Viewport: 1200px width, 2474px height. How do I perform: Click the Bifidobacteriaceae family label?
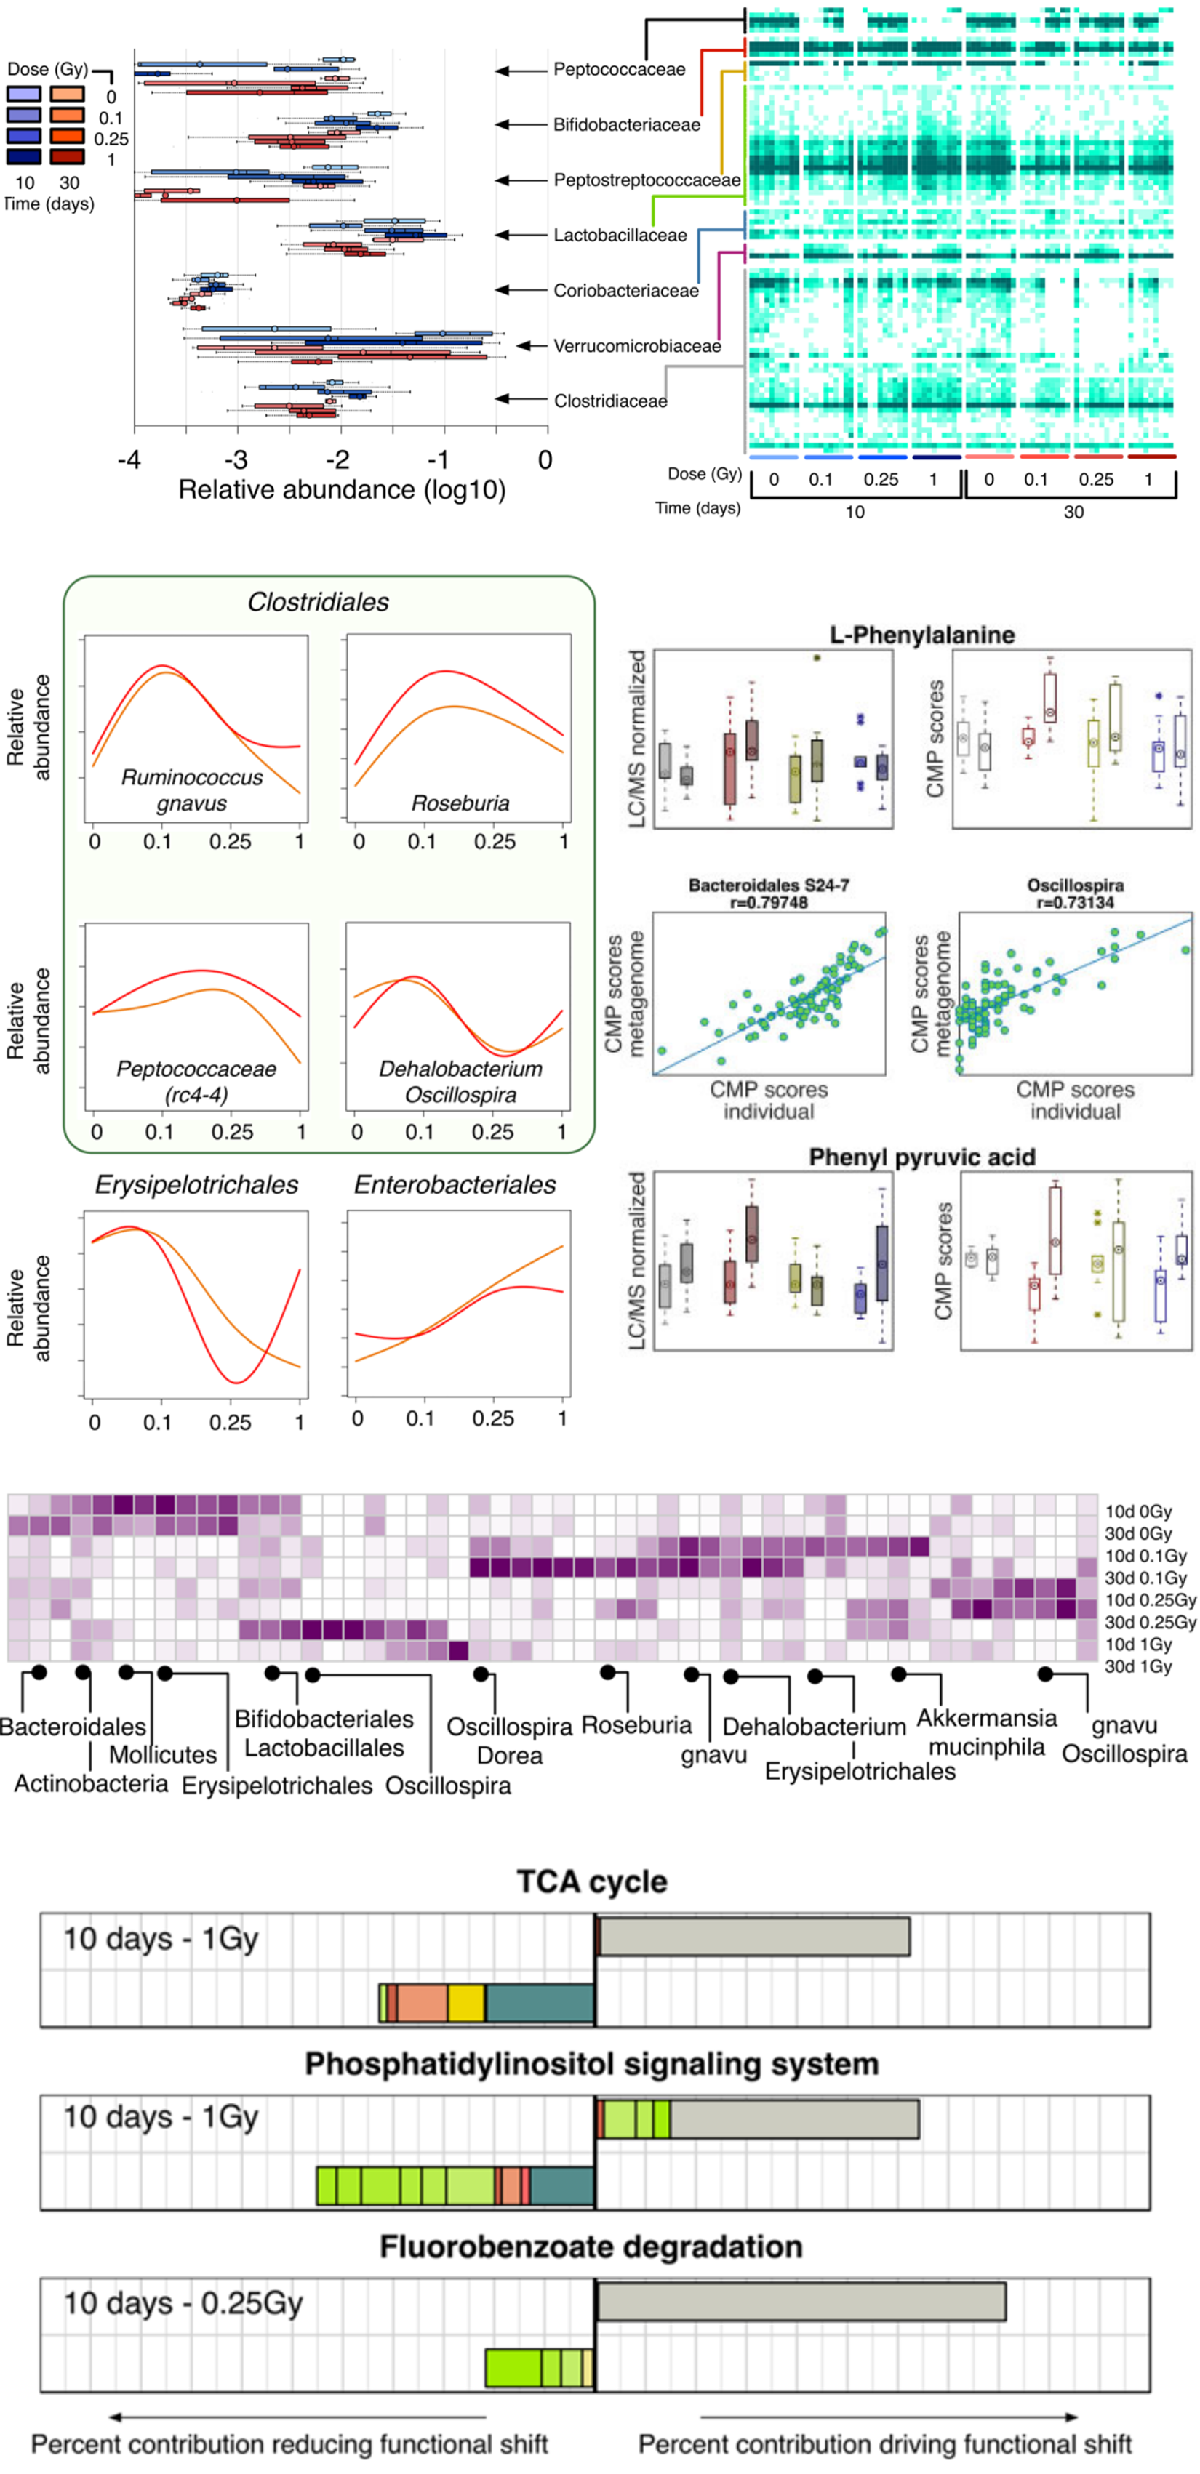(626, 125)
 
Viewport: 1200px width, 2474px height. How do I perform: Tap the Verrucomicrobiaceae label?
(637, 346)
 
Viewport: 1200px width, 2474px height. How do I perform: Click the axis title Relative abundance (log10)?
(342, 490)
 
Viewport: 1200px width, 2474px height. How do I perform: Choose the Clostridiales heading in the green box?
(318, 602)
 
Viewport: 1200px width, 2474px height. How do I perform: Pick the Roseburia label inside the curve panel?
(460, 803)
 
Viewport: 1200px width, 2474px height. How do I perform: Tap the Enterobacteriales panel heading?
(455, 1184)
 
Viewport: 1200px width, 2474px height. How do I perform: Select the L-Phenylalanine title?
(922, 635)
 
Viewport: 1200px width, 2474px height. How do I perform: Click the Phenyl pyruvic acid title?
(921, 1157)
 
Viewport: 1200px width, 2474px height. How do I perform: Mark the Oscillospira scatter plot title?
(1075, 885)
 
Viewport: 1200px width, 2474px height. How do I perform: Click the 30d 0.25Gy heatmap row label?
(1150, 1622)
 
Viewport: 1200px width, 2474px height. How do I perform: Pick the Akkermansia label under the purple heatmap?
(987, 1718)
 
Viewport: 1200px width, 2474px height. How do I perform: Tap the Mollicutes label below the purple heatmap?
(162, 1755)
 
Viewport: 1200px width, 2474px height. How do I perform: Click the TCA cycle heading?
(592, 1881)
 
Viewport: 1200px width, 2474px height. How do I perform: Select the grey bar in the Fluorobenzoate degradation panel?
(801, 2301)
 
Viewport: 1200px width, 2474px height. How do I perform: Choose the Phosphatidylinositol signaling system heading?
(592, 2064)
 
